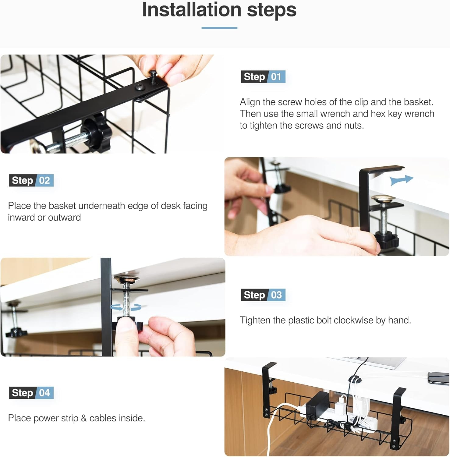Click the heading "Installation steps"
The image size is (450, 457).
pyautogui.click(x=219, y=10)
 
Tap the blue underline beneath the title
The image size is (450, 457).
pyautogui.click(x=219, y=28)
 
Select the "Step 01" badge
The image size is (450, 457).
pyautogui.click(x=263, y=77)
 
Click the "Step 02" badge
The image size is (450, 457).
pyautogui.click(x=31, y=180)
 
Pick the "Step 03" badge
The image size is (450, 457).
pyautogui.click(x=263, y=295)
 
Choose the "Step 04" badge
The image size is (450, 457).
pyautogui.click(x=31, y=393)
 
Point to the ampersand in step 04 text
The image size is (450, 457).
pyautogui.click(x=84, y=418)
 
